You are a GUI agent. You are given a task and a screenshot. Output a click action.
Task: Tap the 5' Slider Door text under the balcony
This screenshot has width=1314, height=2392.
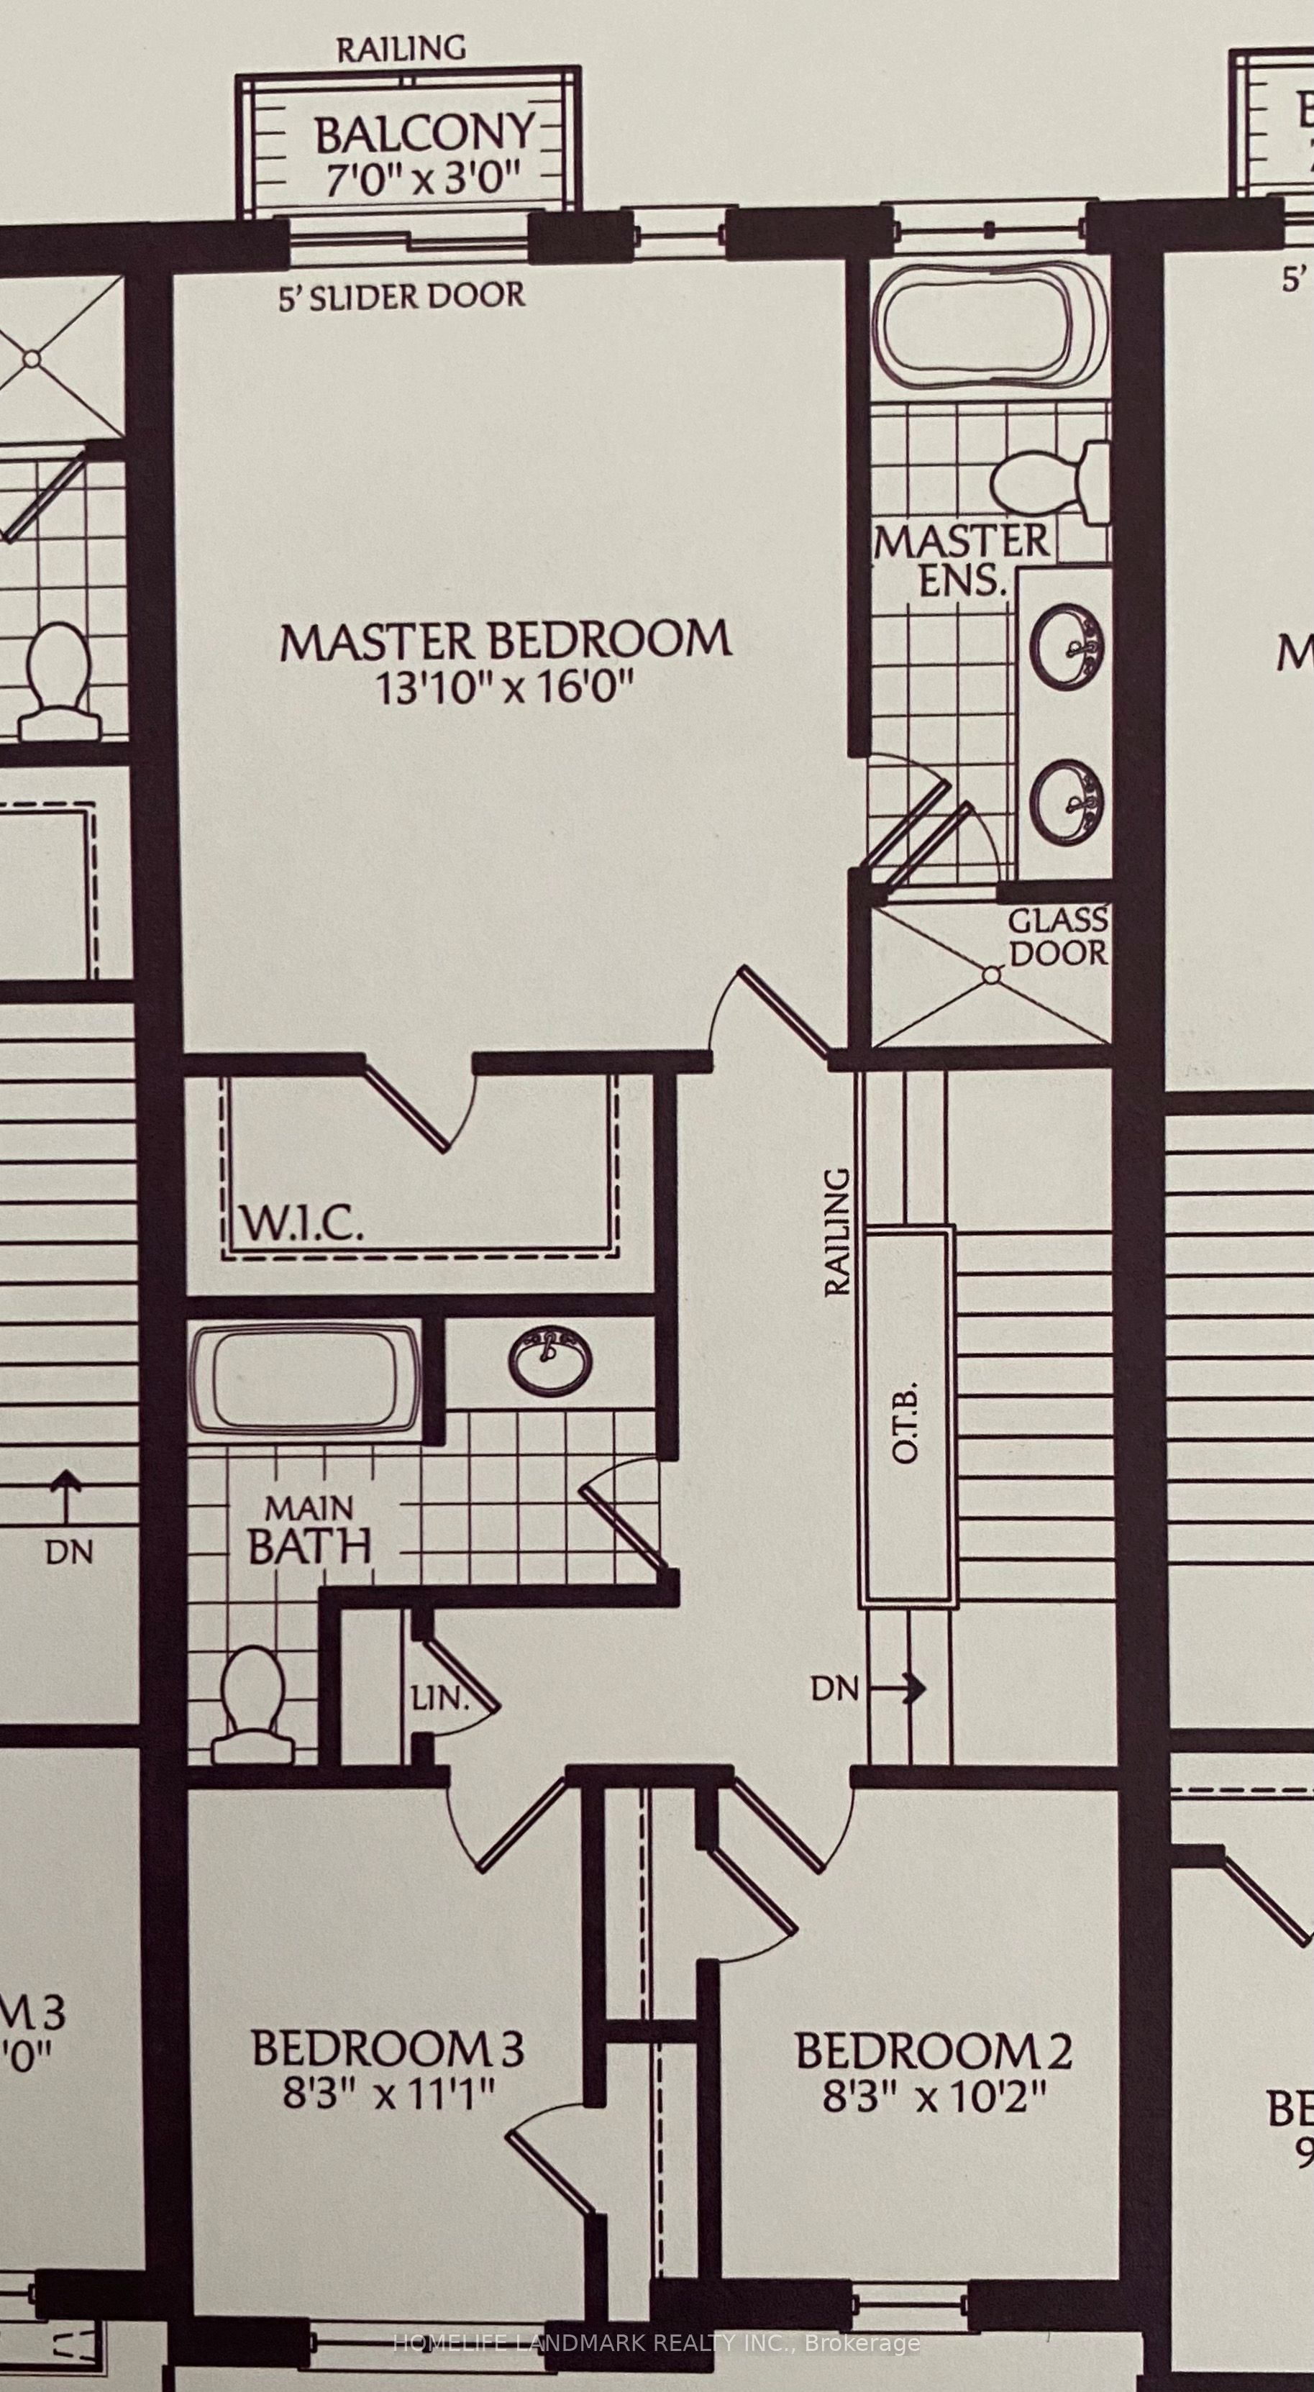(402, 296)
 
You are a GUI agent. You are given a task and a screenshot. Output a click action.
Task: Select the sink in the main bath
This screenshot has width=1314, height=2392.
(549, 1361)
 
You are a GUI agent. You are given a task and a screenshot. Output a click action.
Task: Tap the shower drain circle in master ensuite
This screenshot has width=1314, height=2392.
(992, 975)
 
